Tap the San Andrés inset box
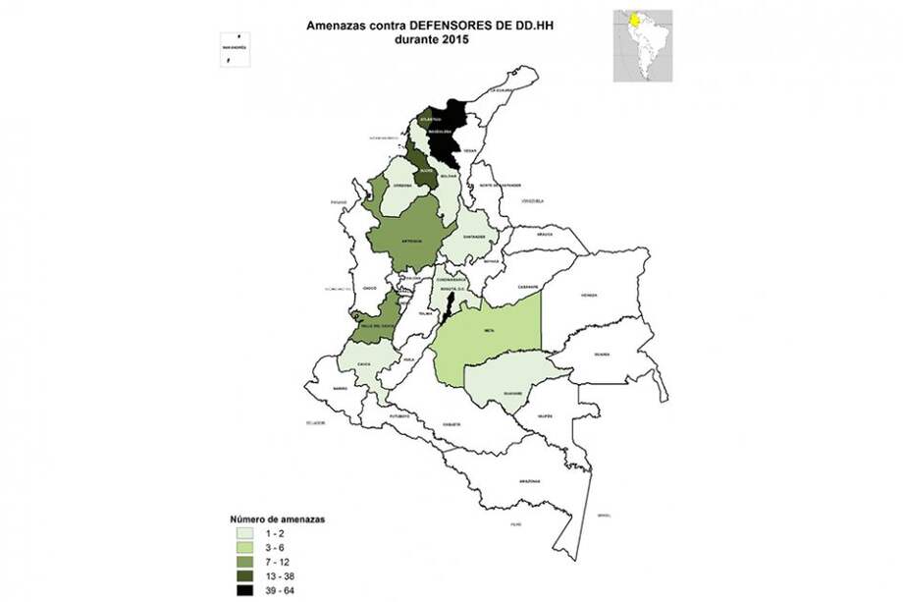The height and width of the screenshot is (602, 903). (x=235, y=46)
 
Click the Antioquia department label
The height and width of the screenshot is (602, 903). (x=413, y=239)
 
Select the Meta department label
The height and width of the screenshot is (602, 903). (x=488, y=331)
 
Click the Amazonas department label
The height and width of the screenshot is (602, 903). (x=530, y=481)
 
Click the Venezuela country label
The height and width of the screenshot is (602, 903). (x=532, y=200)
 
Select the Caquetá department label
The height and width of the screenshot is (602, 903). (x=452, y=424)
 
